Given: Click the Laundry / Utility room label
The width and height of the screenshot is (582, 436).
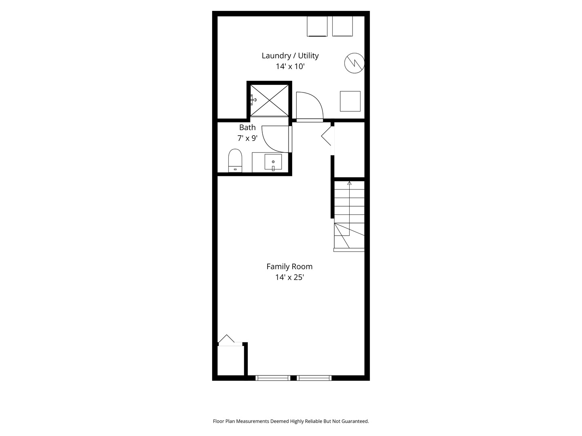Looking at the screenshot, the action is click(290, 56).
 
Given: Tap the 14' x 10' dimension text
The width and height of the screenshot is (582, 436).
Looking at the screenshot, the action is click(290, 67).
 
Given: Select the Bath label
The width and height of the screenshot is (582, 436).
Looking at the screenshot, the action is click(247, 127).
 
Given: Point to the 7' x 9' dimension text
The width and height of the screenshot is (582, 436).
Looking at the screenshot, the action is click(247, 138).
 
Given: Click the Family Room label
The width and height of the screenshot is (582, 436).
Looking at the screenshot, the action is click(289, 266).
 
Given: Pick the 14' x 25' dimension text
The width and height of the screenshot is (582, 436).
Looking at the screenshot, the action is click(289, 277).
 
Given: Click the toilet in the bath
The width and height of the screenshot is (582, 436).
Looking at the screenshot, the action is click(235, 160).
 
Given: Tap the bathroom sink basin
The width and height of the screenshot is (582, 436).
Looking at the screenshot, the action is click(273, 162).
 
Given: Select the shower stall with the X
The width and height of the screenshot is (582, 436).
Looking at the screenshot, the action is click(270, 101).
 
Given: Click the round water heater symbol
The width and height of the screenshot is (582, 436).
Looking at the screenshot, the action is click(354, 63).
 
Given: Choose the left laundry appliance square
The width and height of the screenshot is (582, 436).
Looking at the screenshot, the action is click(317, 26).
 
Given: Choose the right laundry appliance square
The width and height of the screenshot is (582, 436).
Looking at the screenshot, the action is click(343, 26).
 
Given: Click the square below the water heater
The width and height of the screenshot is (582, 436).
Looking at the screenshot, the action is click(350, 101).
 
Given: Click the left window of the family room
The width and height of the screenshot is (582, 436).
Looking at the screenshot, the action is click(273, 378).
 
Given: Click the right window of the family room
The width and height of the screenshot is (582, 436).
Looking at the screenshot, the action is click(314, 378).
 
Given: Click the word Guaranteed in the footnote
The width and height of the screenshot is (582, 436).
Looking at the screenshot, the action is click(355, 421).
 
